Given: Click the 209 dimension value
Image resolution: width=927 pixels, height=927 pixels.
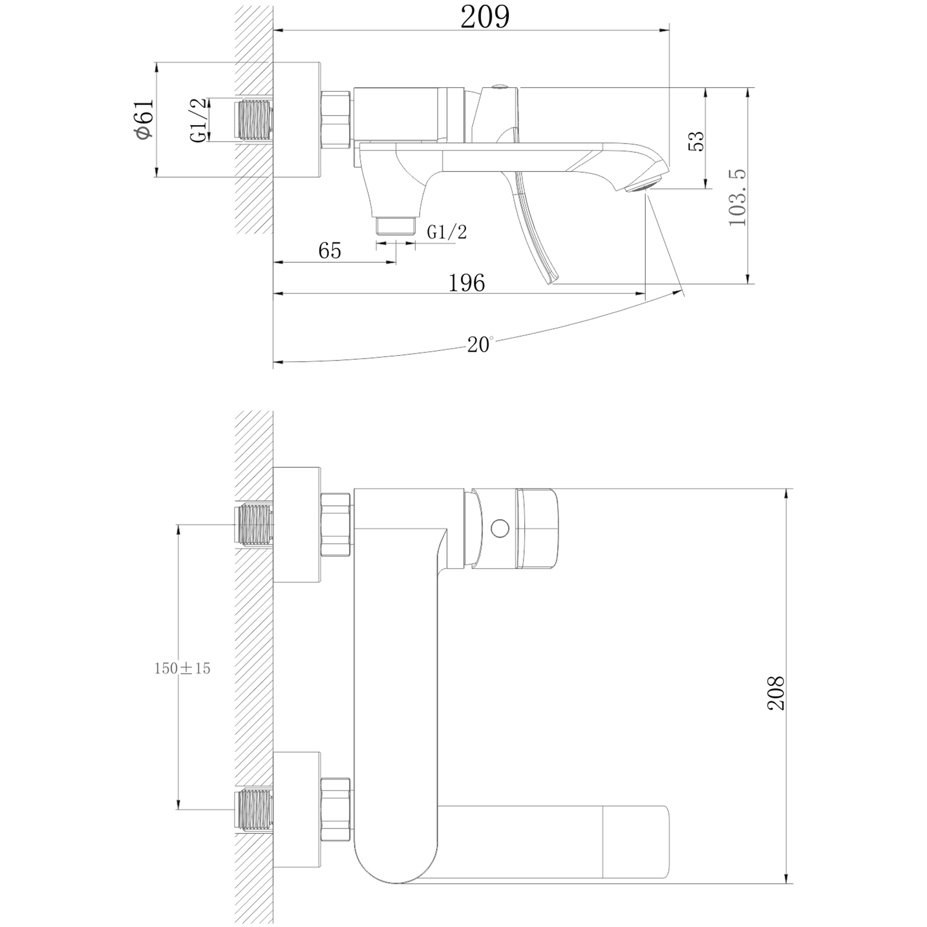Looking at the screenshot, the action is click(x=485, y=18).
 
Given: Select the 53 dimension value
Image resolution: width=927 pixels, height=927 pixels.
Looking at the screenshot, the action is click(x=696, y=141).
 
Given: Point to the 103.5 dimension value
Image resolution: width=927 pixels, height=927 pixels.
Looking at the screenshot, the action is click(x=737, y=197).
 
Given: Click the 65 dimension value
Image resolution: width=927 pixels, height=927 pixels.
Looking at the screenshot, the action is click(x=330, y=250).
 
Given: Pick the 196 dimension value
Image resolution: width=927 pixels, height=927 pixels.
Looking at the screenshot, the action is click(x=466, y=283).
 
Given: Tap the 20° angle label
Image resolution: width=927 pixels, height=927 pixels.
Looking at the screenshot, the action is click(x=480, y=344).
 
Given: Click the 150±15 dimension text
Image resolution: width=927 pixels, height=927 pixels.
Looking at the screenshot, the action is click(x=182, y=668).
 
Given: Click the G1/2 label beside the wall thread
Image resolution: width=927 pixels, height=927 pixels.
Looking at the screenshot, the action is click(x=199, y=120).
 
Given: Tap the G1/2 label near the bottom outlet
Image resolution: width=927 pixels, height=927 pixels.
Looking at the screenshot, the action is click(x=447, y=232).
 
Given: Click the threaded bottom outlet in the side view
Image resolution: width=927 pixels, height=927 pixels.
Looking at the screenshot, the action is click(x=395, y=226).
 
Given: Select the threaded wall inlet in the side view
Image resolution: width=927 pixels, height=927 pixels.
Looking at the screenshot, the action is click(x=254, y=121).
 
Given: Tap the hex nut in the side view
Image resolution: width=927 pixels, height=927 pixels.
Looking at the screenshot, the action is click(x=337, y=120).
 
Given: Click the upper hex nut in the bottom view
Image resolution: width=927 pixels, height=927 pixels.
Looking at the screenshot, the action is click(x=336, y=524).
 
